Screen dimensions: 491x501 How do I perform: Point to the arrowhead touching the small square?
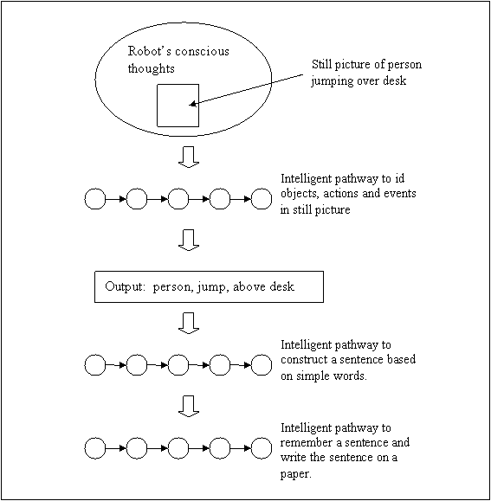[192, 104]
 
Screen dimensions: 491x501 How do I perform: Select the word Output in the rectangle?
[125, 286]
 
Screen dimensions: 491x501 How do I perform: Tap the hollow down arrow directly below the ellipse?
[189, 157]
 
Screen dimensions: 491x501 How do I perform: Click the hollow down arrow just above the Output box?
[189, 240]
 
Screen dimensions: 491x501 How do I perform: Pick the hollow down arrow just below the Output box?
[189, 323]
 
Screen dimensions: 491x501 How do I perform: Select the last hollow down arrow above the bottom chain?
[189, 406]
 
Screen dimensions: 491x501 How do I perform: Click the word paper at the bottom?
[294, 474]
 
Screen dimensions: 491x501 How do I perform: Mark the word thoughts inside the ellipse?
[152, 69]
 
